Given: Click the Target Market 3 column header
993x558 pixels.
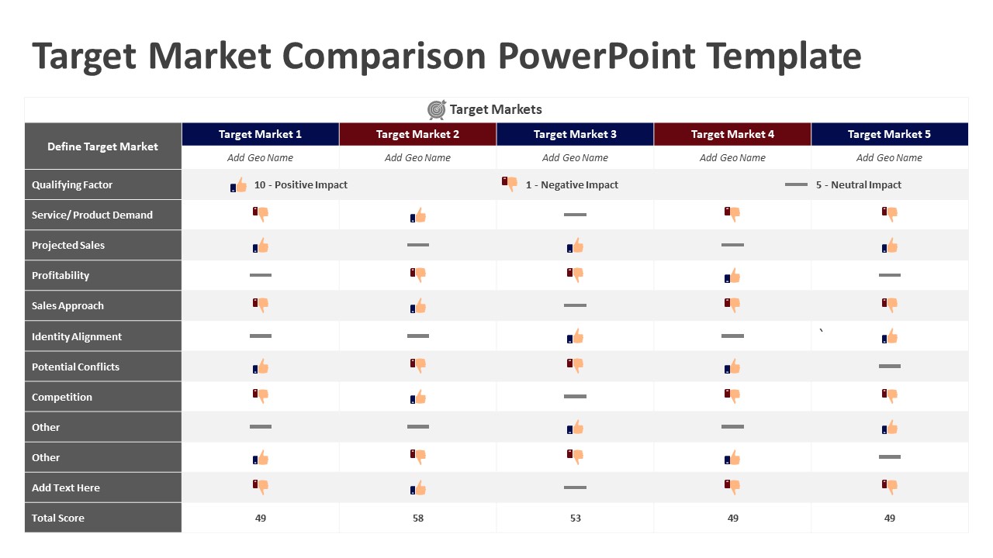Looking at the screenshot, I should click(575, 134).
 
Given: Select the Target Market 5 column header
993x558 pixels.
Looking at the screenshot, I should click(889, 134).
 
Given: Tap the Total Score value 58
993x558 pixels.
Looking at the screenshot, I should click(417, 518).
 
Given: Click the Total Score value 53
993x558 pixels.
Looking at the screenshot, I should click(575, 518).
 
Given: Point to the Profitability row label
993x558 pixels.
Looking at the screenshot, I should click(61, 275).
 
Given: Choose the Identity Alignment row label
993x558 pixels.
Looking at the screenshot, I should click(77, 336).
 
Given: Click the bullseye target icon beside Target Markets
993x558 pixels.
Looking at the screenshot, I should click(437, 110).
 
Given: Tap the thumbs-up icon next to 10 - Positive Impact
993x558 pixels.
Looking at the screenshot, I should click(239, 185).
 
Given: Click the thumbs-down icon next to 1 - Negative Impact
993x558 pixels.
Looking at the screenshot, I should click(510, 184).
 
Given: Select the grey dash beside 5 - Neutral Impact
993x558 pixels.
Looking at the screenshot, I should click(796, 184).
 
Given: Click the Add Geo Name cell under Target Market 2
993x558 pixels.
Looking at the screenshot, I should click(417, 157).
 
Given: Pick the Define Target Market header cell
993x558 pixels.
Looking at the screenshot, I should click(102, 146).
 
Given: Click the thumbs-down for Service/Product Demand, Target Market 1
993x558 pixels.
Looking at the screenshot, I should click(261, 214).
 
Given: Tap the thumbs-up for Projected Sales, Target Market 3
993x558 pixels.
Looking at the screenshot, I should click(575, 246).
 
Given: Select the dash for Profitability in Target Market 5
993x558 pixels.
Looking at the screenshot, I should click(889, 275).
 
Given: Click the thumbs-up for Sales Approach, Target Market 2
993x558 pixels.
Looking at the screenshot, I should click(418, 306).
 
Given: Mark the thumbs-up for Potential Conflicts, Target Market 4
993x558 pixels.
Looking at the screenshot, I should click(732, 367).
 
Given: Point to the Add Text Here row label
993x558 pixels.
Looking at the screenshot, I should click(66, 487).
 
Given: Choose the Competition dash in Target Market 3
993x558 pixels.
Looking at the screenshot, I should click(575, 396).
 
